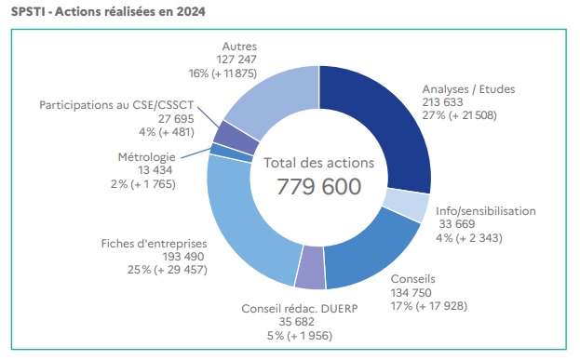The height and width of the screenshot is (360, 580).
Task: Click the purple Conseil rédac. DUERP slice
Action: click(310, 269)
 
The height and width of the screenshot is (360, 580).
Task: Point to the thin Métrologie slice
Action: click(217, 148)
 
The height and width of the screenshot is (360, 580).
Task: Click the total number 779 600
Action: click(318, 186)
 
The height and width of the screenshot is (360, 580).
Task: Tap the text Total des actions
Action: click(318, 162)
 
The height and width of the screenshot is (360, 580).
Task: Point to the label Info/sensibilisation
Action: click(486, 211)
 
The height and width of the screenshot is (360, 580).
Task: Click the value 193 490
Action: click(154, 256)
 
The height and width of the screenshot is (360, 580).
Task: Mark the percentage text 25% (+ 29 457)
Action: click(154, 270)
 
